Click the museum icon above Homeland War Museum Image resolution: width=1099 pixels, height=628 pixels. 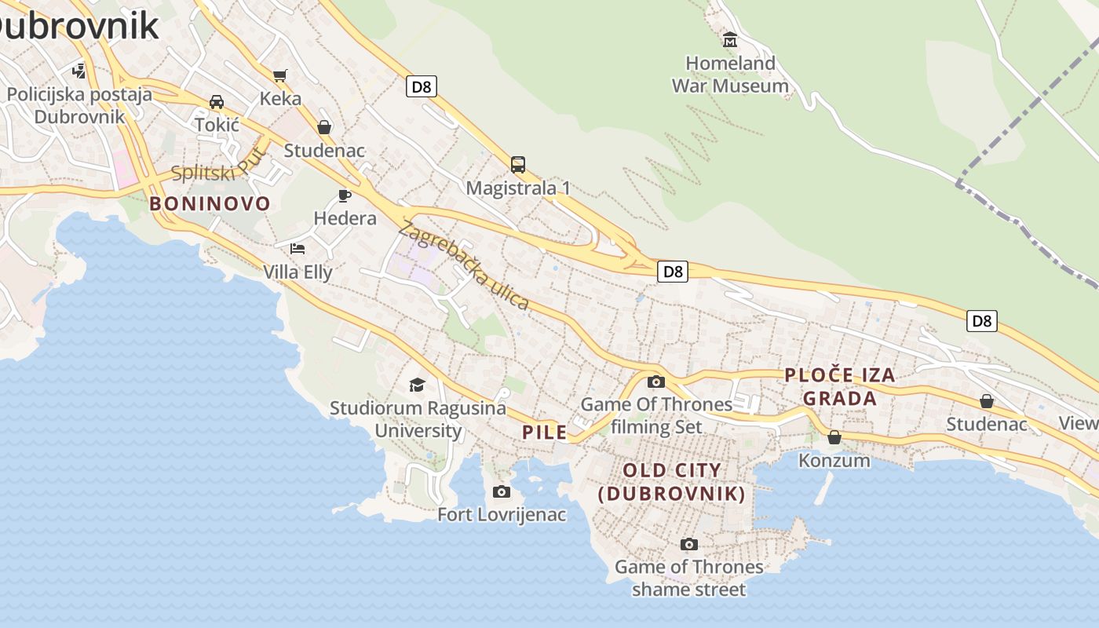pos(730,39)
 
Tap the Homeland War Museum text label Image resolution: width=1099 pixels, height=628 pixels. pos(730,75)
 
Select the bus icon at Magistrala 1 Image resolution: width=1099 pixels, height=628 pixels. pos(518,165)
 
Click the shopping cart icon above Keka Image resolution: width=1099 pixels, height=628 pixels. pos(279,75)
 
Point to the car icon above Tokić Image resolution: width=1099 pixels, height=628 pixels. pos(217,102)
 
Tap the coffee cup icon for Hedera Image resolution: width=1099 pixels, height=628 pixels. pos(344,195)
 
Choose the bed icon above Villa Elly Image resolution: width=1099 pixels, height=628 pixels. pos(298,249)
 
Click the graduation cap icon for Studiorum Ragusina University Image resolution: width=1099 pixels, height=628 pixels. pos(417,385)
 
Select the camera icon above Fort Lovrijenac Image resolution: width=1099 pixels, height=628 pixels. pos(501,492)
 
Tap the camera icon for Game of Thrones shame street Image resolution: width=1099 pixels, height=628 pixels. pos(688,544)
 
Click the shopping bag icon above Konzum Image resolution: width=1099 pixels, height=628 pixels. pos(834,437)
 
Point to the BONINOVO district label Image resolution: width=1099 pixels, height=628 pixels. pos(210,204)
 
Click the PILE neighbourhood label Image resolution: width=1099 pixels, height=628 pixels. pos(544,433)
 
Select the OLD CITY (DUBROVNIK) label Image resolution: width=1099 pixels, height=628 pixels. pos(671,482)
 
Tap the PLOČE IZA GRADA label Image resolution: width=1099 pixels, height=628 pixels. pos(840,386)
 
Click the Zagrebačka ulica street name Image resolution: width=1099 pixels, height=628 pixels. pos(463,266)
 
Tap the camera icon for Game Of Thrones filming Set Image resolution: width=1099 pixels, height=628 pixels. pos(655,382)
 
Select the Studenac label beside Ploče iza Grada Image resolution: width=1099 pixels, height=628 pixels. pos(986,425)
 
